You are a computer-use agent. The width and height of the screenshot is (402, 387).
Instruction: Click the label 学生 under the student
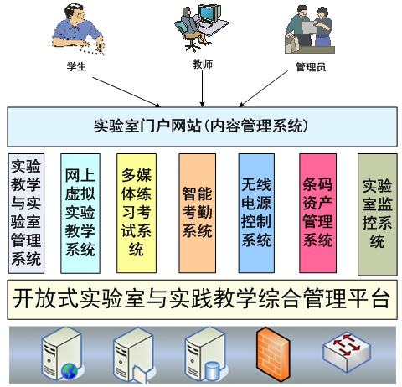click(76, 66)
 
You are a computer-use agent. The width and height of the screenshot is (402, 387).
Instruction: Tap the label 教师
click(203, 64)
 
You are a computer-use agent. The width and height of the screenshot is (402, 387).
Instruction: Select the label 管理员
click(311, 67)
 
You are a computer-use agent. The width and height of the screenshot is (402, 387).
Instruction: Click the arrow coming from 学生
click(126, 92)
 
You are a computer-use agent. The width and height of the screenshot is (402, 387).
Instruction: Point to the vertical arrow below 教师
click(203, 89)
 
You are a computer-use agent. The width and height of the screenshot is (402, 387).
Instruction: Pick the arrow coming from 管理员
click(263, 89)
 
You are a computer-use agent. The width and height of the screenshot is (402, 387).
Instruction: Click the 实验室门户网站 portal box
click(202, 126)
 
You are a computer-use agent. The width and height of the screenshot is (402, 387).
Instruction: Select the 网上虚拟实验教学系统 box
click(80, 214)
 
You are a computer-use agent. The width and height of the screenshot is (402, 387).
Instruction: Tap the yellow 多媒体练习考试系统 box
click(137, 213)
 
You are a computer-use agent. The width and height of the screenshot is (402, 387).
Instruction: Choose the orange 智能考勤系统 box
click(198, 213)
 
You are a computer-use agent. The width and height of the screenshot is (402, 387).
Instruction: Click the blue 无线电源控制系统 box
click(256, 213)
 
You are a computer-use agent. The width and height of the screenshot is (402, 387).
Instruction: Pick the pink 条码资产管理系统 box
click(317, 213)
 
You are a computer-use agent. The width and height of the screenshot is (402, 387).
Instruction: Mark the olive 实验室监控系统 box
click(378, 214)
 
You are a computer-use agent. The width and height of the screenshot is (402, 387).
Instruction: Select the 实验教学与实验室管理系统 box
click(26, 214)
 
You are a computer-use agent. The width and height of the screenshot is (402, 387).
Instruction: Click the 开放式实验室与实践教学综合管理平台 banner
click(202, 300)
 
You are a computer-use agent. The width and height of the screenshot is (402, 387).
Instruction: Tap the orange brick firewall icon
click(273, 353)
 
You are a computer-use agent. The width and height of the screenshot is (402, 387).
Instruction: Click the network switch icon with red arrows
click(347, 353)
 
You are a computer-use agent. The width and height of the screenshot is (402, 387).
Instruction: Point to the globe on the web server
click(70, 371)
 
